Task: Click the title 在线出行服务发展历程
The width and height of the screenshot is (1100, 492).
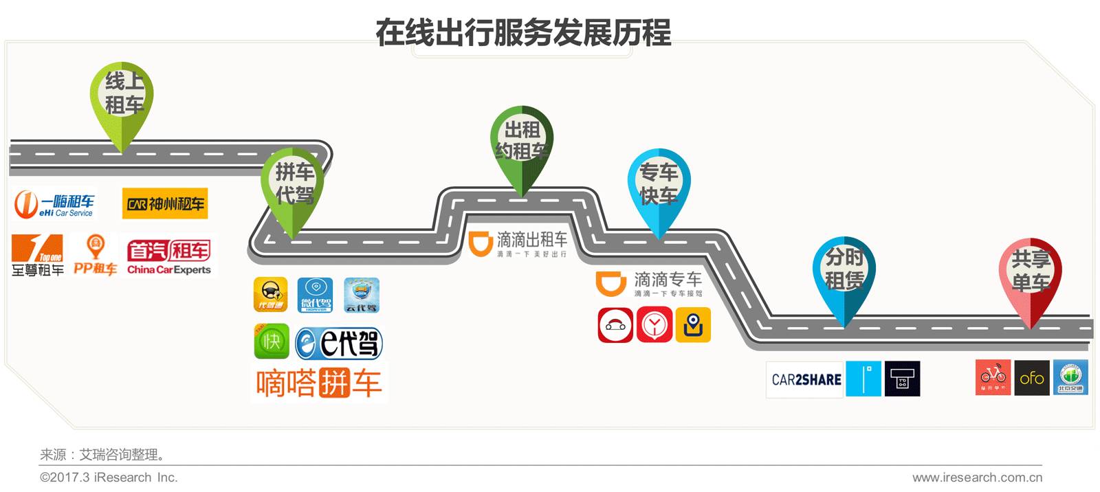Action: point(522,32)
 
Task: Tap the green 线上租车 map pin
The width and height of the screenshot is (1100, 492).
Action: point(122,96)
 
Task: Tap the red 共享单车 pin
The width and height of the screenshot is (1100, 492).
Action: point(1030,271)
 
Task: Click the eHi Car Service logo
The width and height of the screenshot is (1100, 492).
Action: point(55,204)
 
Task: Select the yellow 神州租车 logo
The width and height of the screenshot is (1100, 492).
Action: point(165,204)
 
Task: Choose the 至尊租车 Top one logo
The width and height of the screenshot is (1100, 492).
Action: point(38,256)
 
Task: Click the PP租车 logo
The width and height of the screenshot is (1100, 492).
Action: point(96,256)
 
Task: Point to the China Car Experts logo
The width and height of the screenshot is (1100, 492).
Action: point(169,257)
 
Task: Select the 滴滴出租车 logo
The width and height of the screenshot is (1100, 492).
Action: point(519,244)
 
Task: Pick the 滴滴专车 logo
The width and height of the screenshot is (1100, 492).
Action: point(650,283)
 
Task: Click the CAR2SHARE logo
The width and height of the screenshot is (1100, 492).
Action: point(806,379)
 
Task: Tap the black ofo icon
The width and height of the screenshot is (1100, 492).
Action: point(1032,378)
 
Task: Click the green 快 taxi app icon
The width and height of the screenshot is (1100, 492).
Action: point(272,342)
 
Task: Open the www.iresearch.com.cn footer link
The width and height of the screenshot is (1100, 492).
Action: point(977,478)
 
